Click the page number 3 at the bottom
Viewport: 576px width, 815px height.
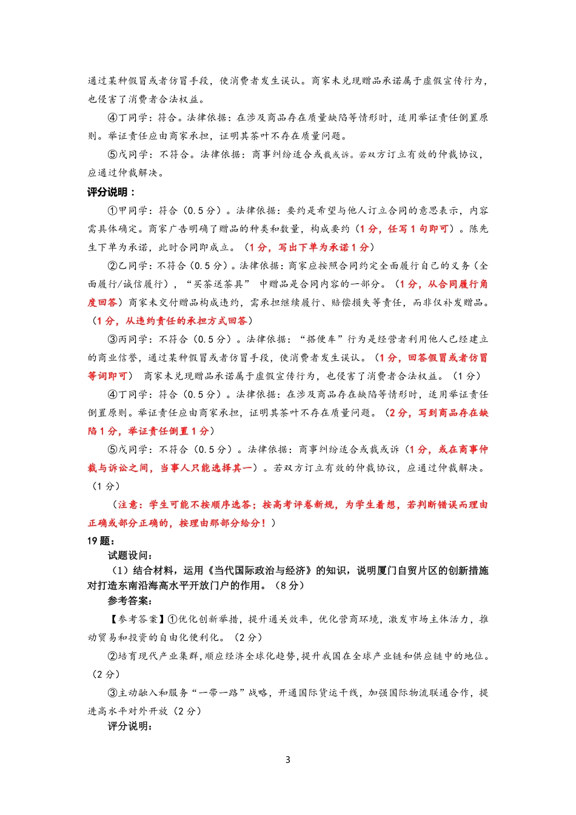(x=287, y=760)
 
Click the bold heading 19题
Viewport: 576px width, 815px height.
(x=101, y=541)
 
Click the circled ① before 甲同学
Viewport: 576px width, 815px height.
(x=112, y=210)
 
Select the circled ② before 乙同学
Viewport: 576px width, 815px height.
(x=112, y=266)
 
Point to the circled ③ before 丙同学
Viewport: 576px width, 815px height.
(x=112, y=340)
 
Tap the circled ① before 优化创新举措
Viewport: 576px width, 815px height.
(x=172, y=619)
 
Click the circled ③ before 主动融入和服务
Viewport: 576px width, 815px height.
(x=112, y=693)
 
